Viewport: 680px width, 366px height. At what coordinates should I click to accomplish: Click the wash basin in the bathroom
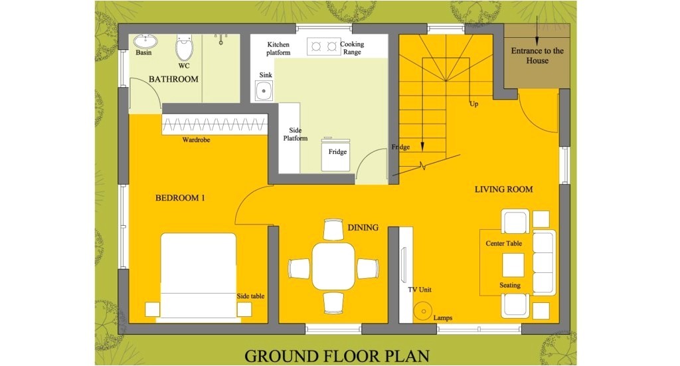coord(145,42)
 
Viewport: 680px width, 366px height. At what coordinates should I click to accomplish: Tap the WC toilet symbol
coord(184,48)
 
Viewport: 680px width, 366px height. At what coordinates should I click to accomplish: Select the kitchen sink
coord(264,90)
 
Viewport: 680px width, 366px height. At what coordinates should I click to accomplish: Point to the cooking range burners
coord(324,46)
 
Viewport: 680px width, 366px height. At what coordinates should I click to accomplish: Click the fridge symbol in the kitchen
coord(335,154)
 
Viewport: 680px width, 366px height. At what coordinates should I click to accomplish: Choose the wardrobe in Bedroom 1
coord(214,124)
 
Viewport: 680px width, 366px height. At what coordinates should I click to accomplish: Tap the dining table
coord(333,266)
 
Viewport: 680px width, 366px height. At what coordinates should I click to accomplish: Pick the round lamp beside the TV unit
coord(422,311)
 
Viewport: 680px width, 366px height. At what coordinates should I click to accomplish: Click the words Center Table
coord(503,243)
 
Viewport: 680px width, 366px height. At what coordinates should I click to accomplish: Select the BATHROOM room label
coord(173,79)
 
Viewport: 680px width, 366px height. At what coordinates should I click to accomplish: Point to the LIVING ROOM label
coord(503,189)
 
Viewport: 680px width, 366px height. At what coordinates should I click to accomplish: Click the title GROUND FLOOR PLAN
coord(337,356)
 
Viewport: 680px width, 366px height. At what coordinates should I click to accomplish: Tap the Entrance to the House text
coord(537,56)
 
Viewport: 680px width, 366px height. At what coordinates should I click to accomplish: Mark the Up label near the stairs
coord(474,104)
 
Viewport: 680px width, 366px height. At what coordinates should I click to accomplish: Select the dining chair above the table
coord(333,229)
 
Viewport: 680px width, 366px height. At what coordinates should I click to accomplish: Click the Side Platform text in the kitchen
coord(296,134)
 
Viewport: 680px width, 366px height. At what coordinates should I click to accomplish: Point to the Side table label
coord(250,296)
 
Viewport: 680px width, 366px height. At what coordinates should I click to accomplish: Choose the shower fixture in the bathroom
coord(220,39)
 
